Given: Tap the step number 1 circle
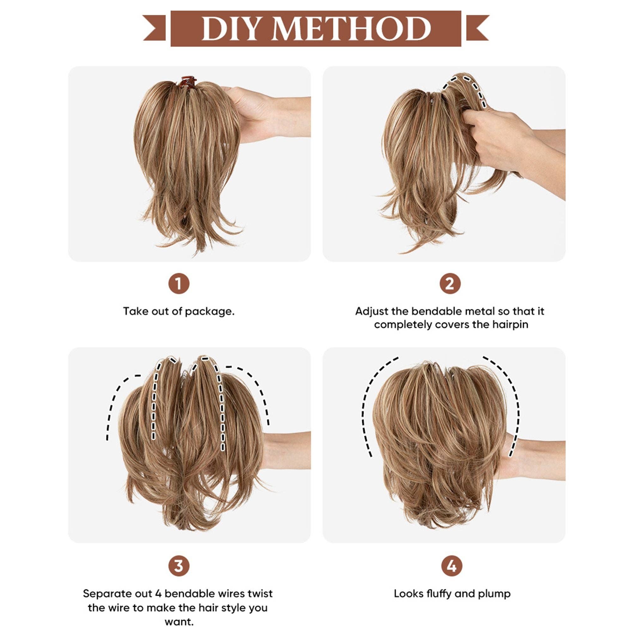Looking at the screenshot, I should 179,284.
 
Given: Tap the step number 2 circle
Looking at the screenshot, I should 450,284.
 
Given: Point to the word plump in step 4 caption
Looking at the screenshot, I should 494,594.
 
